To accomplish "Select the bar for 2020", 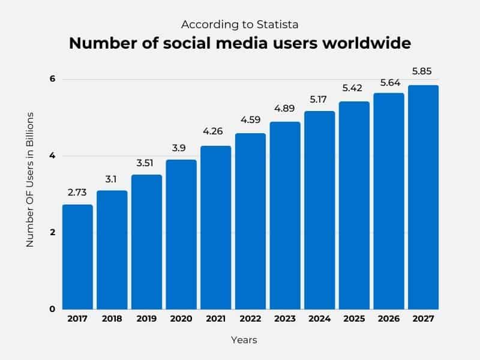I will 181,234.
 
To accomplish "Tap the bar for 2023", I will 285,215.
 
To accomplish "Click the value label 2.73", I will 77,193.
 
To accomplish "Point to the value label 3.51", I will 146,163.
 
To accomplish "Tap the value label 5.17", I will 319,99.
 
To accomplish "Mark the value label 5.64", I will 388,82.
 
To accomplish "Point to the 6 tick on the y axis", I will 52,79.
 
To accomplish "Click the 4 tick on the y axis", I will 52,156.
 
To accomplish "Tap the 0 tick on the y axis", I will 52,309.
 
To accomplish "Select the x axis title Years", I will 244,340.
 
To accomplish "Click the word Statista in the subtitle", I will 278,25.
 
